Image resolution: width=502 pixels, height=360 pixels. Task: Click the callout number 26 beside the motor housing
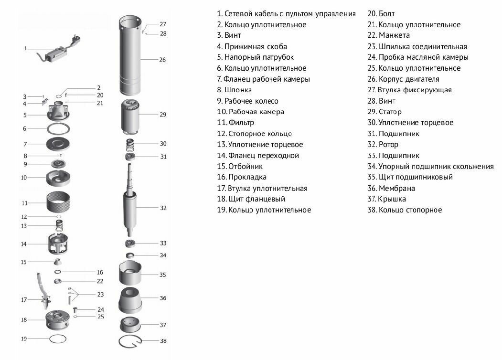click(x=162, y=60)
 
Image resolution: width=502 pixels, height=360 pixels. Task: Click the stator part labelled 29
click(x=130, y=115)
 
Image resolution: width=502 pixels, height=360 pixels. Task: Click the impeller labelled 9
click(x=61, y=165)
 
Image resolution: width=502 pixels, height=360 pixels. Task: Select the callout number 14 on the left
click(x=23, y=244)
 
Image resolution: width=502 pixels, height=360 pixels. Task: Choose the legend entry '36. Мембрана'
click(x=391, y=188)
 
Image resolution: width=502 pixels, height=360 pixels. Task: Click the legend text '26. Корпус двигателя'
click(x=403, y=79)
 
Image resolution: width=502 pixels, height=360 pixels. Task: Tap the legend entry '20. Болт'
click(x=381, y=14)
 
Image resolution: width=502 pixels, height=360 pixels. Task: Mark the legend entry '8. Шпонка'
click(x=234, y=90)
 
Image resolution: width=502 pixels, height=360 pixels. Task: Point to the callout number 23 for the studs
click(x=100, y=295)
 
